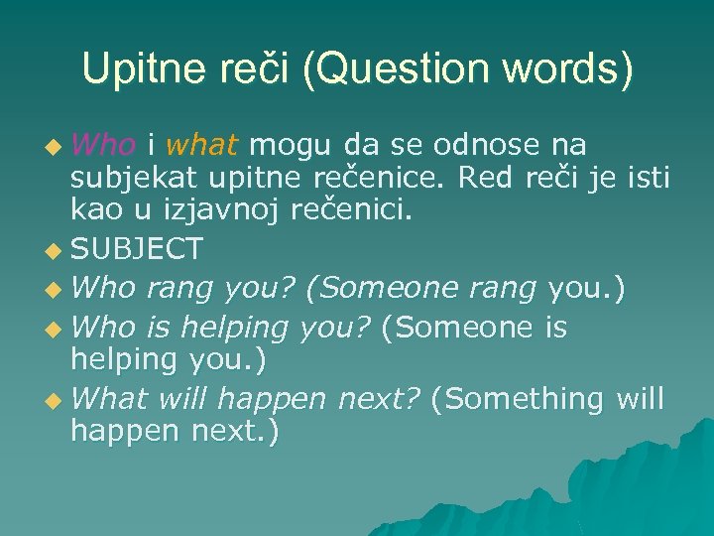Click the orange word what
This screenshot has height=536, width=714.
[x=202, y=146]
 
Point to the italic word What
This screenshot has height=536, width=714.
[x=109, y=399]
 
